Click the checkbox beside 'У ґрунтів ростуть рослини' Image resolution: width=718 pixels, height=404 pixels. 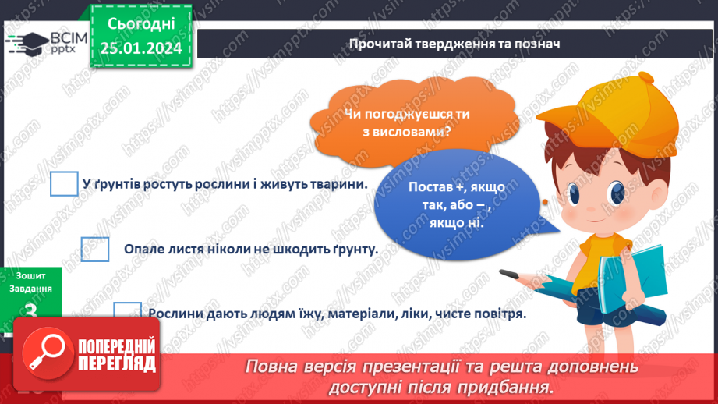[x=64, y=184]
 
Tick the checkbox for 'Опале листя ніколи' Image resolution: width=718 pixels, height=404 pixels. [x=95, y=250]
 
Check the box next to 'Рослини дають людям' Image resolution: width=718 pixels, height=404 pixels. [x=127, y=312]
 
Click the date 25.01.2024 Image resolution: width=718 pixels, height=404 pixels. [x=141, y=49]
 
